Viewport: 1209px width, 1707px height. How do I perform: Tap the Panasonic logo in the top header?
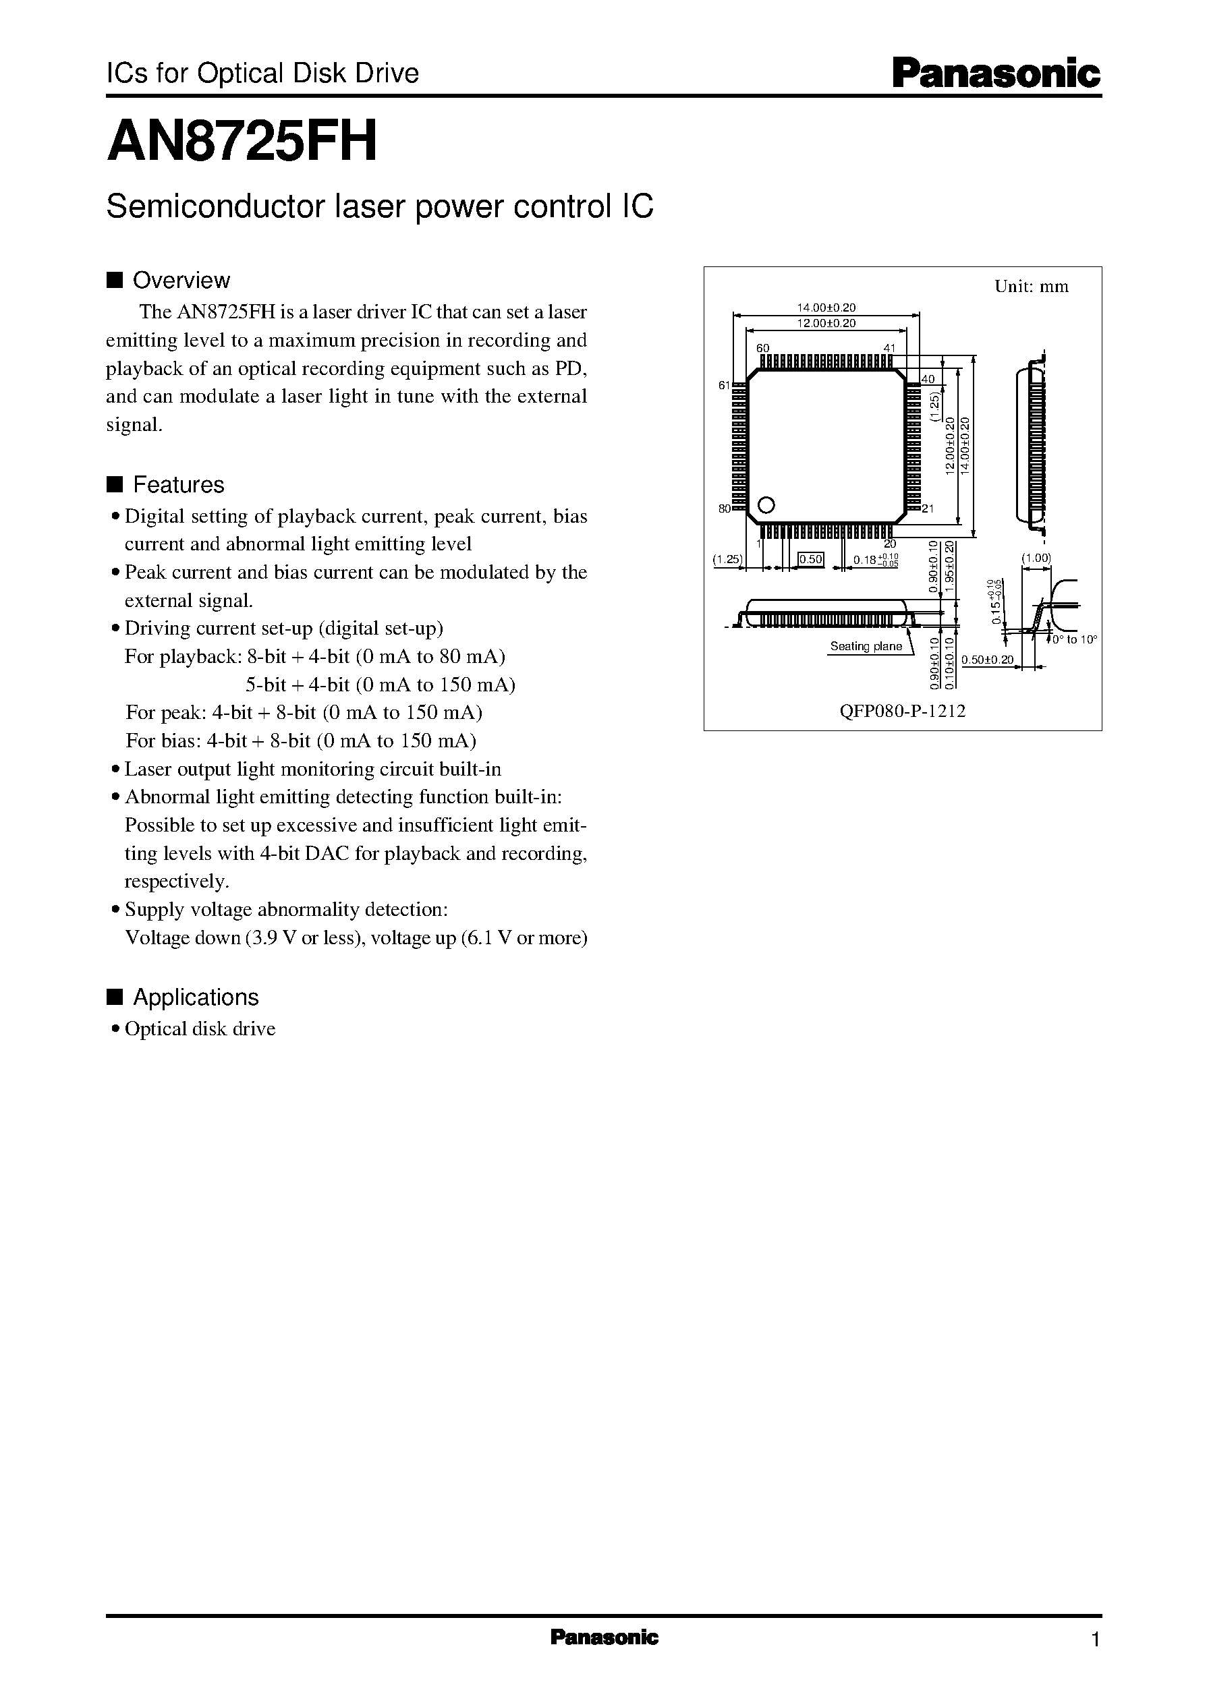996,74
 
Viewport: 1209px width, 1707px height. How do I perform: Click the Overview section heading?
181,281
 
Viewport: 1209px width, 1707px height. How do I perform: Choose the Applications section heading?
195,997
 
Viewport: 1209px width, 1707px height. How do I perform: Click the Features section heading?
178,485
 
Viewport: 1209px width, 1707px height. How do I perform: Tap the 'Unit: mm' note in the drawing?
1031,287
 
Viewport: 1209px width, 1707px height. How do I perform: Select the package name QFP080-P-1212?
902,711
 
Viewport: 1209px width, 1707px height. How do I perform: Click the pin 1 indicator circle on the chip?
766,504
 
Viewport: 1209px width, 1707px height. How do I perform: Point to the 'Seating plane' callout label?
866,646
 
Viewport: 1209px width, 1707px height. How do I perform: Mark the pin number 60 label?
762,348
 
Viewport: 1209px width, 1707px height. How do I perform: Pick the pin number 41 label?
891,348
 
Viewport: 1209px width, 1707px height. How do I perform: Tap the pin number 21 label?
928,509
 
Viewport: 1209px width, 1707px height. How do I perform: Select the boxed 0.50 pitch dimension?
810,559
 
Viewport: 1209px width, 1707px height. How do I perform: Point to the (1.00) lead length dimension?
1035,558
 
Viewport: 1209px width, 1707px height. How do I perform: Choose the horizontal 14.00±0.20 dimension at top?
826,308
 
